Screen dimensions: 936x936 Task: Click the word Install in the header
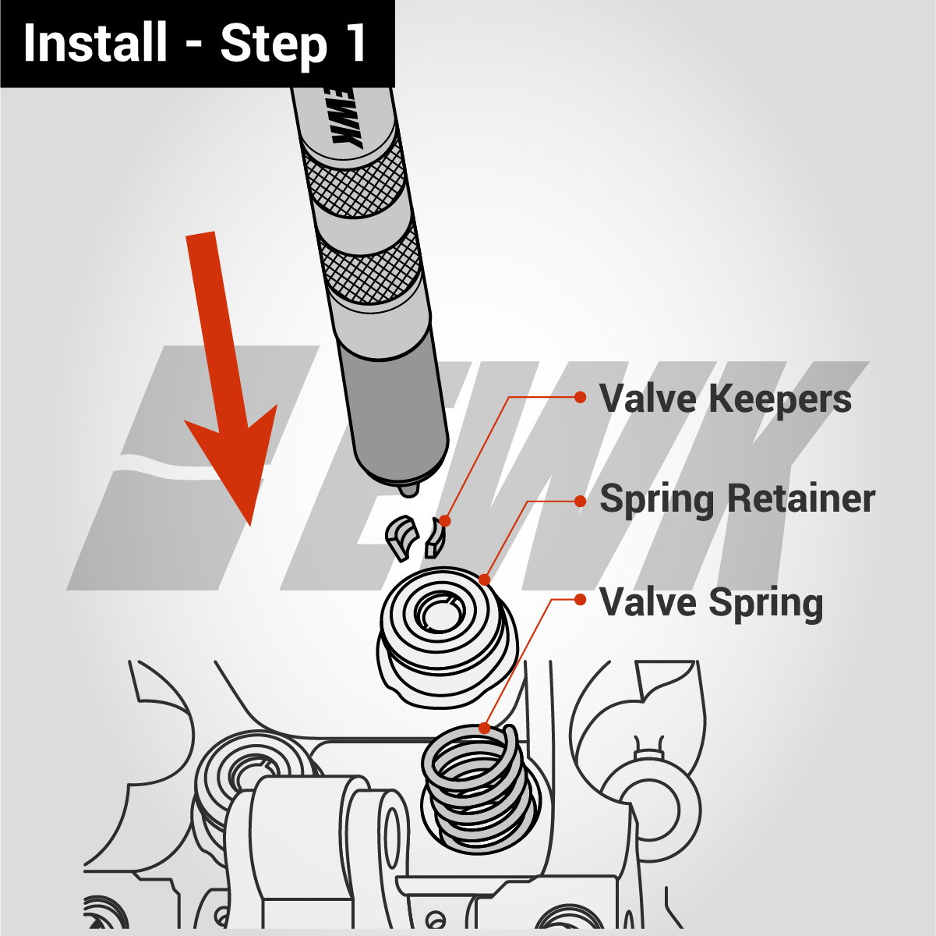click(x=95, y=43)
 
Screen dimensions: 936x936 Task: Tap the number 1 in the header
click(x=355, y=43)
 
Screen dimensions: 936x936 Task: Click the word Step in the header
click(x=273, y=44)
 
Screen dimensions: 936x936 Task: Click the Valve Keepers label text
click(x=725, y=399)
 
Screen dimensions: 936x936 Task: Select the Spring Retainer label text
click(x=737, y=499)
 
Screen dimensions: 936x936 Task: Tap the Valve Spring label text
click(x=711, y=603)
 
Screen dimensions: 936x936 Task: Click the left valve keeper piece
click(x=401, y=537)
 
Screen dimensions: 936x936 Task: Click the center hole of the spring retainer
click(x=436, y=612)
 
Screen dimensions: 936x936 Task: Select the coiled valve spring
click(x=479, y=788)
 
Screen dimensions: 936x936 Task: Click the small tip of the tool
click(x=408, y=491)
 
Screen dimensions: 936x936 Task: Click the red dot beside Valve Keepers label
click(x=580, y=397)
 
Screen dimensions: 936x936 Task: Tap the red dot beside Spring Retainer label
click(x=580, y=501)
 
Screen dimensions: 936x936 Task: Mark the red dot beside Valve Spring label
click(x=580, y=600)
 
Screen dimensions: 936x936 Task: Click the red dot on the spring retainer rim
click(x=484, y=580)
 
